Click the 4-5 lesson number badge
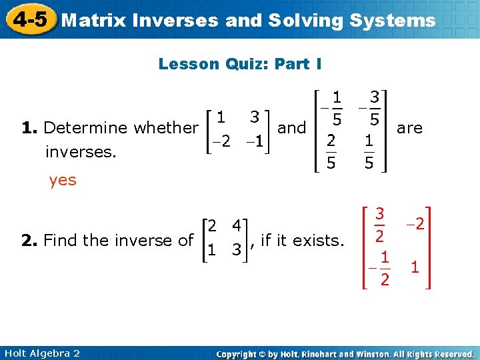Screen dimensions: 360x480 (28, 19)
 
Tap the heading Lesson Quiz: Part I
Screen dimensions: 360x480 (240, 64)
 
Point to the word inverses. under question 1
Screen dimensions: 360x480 (81, 153)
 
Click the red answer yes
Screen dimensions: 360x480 (63, 180)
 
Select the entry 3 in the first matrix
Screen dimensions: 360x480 (255, 116)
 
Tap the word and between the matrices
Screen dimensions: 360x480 (291, 127)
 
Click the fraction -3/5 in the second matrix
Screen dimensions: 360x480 (371, 109)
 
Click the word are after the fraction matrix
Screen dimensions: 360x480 (409, 127)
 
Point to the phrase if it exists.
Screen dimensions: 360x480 (302, 240)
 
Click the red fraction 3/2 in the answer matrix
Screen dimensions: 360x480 (379, 225)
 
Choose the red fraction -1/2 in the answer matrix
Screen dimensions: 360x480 (379, 268)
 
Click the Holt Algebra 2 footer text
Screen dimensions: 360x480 (41, 353)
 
